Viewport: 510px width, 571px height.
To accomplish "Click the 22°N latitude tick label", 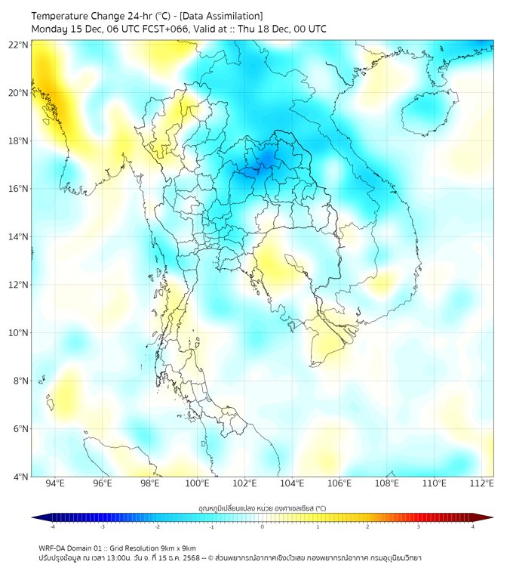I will click(x=19, y=45).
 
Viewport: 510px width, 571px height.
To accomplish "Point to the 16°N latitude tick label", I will click(x=19, y=189).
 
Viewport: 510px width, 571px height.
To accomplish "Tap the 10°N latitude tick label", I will click(x=19, y=333).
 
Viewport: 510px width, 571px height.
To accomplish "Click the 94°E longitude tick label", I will click(x=55, y=483).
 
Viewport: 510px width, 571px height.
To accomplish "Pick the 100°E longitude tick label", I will click(x=198, y=483).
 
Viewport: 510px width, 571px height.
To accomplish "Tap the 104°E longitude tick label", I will click(x=292, y=483).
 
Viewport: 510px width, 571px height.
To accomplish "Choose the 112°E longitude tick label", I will click(x=482, y=483).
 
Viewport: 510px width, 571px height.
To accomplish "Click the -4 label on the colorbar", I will click(x=52, y=526).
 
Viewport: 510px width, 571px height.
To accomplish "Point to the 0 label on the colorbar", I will click(x=263, y=526).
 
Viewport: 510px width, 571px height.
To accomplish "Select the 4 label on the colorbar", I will click(x=473, y=526).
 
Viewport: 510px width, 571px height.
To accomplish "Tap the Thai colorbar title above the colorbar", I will click(x=262, y=508).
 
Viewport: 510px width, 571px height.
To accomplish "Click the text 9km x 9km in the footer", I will click(x=178, y=548).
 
